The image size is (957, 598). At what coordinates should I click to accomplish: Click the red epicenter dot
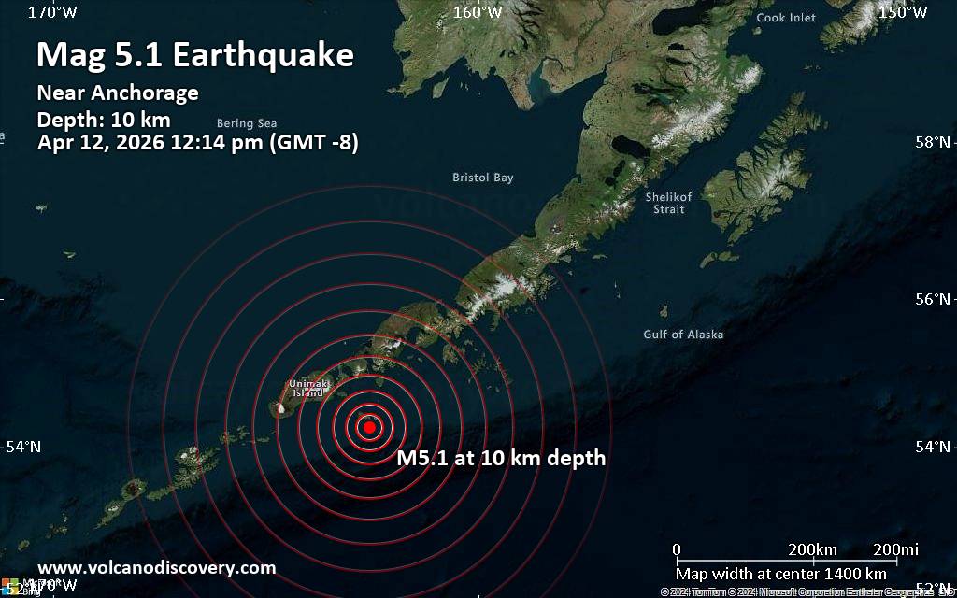click(369, 427)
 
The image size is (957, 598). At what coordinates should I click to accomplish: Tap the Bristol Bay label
click(482, 178)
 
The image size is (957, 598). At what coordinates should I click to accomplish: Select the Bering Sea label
click(247, 123)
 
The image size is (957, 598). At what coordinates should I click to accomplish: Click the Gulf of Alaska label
click(683, 335)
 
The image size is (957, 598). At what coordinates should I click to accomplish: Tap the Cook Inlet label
click(785, 18)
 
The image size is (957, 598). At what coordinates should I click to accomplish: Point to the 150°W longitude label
click(903, 12)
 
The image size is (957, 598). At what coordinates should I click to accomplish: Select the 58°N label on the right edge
click(932, 142)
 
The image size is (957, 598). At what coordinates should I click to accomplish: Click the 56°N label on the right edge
click(932, 299)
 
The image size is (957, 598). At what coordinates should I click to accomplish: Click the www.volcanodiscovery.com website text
click(157, 567)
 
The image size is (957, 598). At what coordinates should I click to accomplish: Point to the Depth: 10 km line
click(103, 120)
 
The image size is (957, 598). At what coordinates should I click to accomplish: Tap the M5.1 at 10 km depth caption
click(501, 458)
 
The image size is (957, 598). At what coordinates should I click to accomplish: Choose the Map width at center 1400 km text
click(781, 573)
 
